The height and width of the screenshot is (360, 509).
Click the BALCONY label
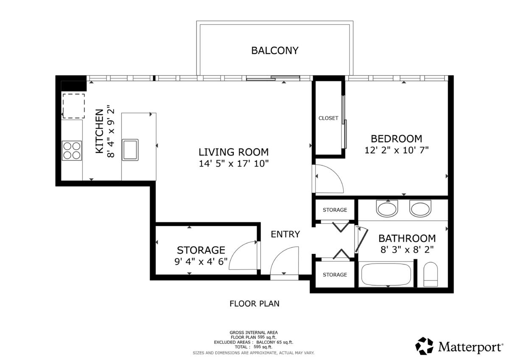tap(275, 51)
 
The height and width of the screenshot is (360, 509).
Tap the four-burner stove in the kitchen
tap(72, 151)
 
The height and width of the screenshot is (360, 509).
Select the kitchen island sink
tap(130, 150)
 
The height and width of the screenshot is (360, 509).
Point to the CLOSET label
tap(328, 118)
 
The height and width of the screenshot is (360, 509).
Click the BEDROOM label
tap(397, 139)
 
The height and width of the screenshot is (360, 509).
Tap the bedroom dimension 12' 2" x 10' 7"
tap(397, 150)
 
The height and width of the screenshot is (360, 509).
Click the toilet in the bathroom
tap(431, 274)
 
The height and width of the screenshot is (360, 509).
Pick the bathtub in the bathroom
tap(386, 274)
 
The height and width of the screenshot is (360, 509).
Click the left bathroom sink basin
tap(387, 208)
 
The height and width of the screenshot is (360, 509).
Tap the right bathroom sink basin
tap(420, 208)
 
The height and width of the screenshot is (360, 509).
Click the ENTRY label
tap(285, 234)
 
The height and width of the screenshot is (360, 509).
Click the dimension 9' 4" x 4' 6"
tap(201, 262)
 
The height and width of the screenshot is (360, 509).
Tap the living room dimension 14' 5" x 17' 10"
tap(234, 163)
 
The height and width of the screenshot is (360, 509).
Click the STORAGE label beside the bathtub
tap(335, 275)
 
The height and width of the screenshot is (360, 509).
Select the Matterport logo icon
tap(424, 346)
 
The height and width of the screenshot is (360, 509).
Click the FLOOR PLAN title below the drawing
tap(255, 304)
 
